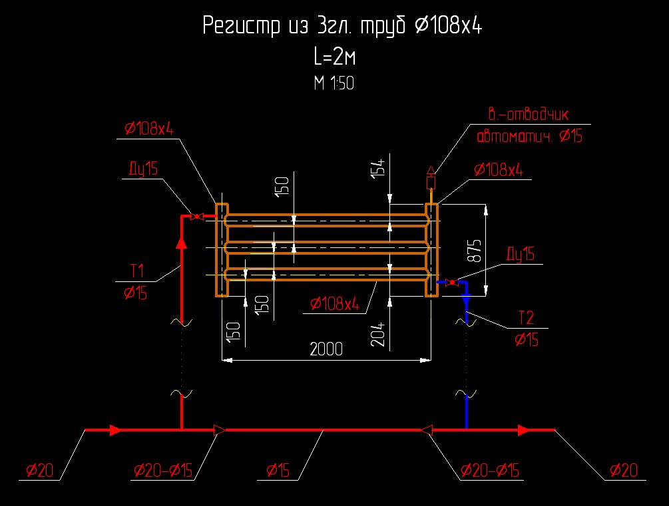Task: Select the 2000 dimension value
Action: click(326, 349)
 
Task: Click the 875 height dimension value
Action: click(475, 249)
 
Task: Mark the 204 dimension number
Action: click(378, 331)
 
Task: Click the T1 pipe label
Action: click(137, 271)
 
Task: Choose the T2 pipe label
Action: click(526, 317)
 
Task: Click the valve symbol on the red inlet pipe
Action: click(196, 217)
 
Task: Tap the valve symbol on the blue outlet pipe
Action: click(452, 283)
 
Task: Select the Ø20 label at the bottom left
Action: click(39, 471)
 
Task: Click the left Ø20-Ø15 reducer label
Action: click(162, 471)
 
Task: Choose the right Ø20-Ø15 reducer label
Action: click(489, 471)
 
